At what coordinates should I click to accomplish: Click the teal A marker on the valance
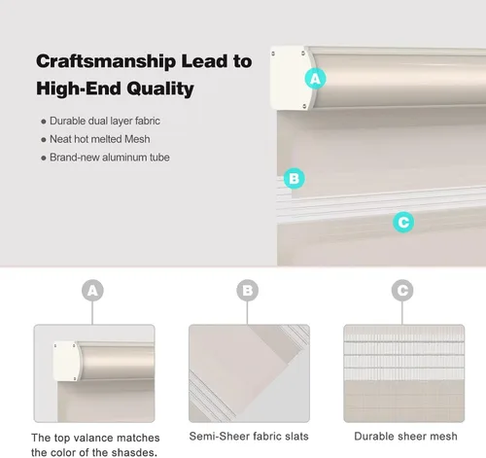click(315, 79)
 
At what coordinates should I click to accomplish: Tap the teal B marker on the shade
click(294, 178)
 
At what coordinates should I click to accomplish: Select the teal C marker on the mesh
click(403, 222)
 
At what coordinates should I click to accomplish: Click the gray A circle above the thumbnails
click(92, 291)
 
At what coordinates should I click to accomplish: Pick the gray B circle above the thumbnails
click(248, 291)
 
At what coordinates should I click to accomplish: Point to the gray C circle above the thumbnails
click(402, 291)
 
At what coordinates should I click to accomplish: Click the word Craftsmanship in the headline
click(106, 61)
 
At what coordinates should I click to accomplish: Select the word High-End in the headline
click(79, 88)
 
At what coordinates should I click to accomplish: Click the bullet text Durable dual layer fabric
click(105, 121)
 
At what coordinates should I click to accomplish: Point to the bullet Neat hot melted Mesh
click(100, 139)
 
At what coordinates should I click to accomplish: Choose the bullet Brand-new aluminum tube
click(110, 158)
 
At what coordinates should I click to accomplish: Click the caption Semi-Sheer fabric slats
click(249, 437)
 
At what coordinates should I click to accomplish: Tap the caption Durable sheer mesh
click(405, 437)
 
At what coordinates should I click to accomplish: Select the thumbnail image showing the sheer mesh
click(404, 373)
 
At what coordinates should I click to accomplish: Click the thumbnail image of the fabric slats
click(249, 373)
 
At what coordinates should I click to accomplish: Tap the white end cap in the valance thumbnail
click(66, 361)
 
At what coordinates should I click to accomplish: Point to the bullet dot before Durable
click(44, 122)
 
